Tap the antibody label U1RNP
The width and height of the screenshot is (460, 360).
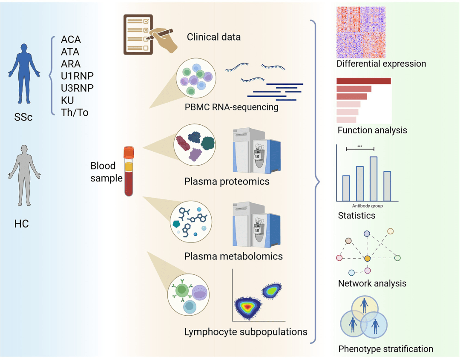coord(77,76)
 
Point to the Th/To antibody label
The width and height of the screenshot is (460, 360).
coord(75,113)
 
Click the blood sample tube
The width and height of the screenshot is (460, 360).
coord(129,170)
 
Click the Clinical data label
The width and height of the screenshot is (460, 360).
coord(213,37)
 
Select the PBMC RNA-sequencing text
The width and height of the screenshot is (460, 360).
coord(231,107)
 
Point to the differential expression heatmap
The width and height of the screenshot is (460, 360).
coord(361,32)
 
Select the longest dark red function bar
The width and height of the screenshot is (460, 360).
coord(363,81)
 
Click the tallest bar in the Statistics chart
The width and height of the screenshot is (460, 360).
coord(374,179)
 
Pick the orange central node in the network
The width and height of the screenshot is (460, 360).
coord(367,258)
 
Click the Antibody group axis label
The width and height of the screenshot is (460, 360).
coord(367,206)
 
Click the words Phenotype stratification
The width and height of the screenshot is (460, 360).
coord(385,349)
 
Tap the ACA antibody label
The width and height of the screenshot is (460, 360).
coord(71,40)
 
